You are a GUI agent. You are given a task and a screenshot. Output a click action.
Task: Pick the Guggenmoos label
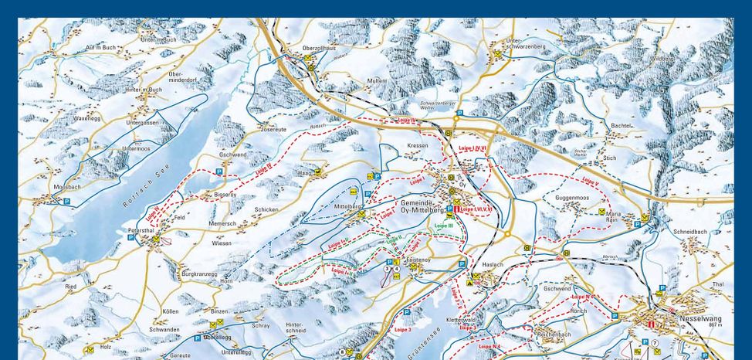[571, 198]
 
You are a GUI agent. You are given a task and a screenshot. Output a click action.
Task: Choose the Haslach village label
[492, 264]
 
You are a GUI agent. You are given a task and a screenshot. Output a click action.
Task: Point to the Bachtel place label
[621, 125]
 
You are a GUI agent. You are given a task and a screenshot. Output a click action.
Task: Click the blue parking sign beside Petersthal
[130, 238]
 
